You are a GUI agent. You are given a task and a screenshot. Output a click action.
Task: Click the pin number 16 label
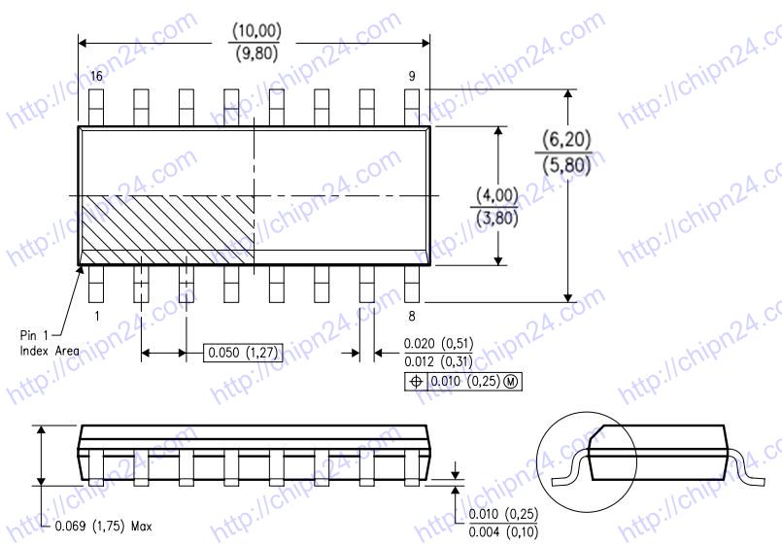point(96,76)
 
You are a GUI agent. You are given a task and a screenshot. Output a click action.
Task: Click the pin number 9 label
point(412,76)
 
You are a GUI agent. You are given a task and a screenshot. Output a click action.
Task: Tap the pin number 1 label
point(97,316)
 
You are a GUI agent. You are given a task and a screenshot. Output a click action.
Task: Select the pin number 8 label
point(412,316)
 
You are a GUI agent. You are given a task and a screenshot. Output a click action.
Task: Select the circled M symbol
point(511,382)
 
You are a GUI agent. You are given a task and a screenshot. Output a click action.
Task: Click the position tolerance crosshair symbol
point(416,382)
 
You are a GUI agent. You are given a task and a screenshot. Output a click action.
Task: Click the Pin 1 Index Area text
point(50,343)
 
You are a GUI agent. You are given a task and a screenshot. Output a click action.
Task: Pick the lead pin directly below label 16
point(96,108)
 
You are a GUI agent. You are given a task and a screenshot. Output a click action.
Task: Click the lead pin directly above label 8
point(412,284)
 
